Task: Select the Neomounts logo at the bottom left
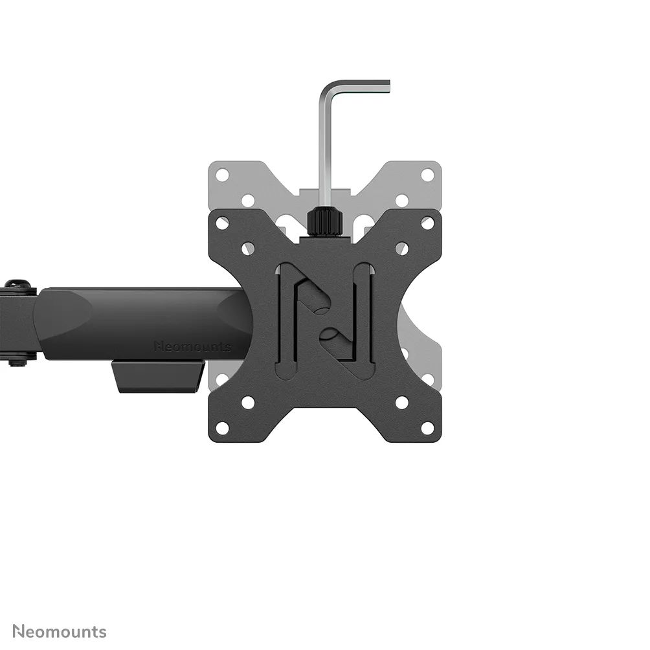[x=60, y=631]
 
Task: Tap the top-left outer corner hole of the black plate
[x=222, y=223]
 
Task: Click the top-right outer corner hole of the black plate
[x=427, y=223]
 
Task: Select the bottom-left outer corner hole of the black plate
[x=222, y=428]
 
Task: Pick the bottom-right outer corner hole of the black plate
[x=427, y=428]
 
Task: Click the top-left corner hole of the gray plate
[x=222, y=175]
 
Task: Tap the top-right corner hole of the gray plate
[x=427, y=175]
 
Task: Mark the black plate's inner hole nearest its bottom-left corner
[x=248, y=402]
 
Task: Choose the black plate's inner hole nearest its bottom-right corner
[x=401, y=402]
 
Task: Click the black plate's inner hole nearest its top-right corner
[x=401, y=249]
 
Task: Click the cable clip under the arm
[x=158, y=377]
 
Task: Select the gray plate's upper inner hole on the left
[x=248, y=200]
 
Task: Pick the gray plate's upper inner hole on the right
[x=401, y=200]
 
